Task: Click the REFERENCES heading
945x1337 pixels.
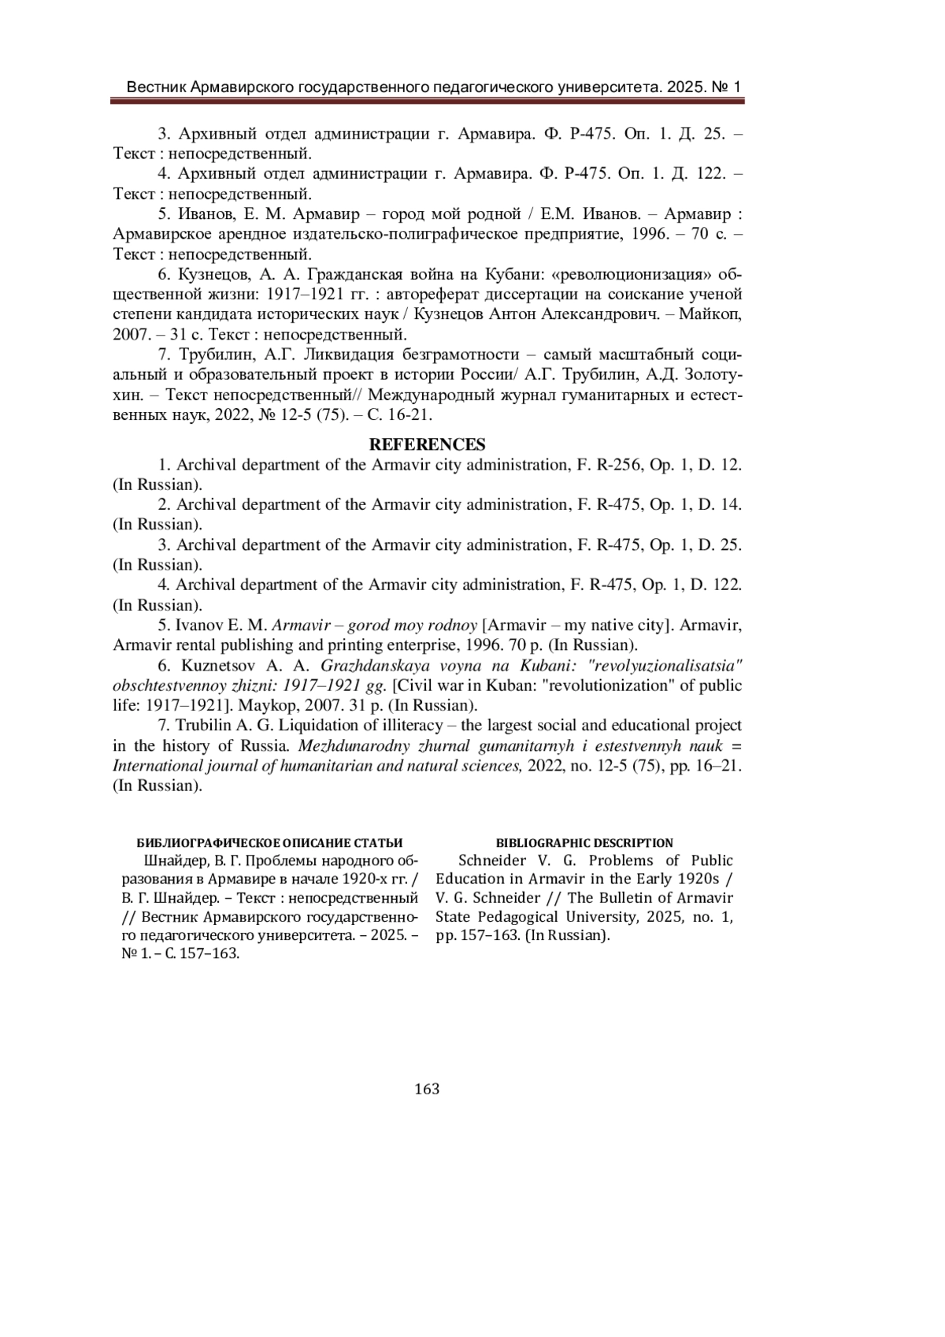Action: [427, 444]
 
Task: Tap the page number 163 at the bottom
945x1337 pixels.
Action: [427, 1089]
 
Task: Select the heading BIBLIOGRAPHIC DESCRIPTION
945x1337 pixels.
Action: [584, 843]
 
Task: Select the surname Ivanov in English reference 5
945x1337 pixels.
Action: [201, 626]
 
